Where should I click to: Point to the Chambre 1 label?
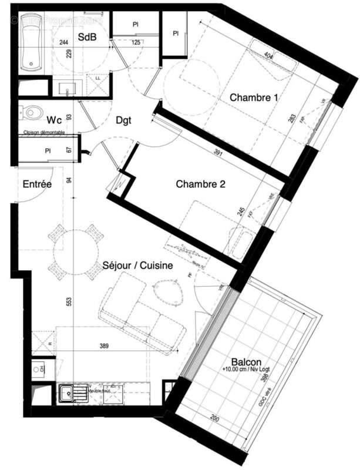click(253, 97)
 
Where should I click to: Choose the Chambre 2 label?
click(200, 184)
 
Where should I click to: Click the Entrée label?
click(37, 184)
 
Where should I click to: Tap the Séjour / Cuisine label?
click(137, 266)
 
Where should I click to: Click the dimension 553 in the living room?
click(69, 301)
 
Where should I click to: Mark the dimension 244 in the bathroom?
click(64, 42)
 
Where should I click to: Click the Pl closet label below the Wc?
click(47, 150)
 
